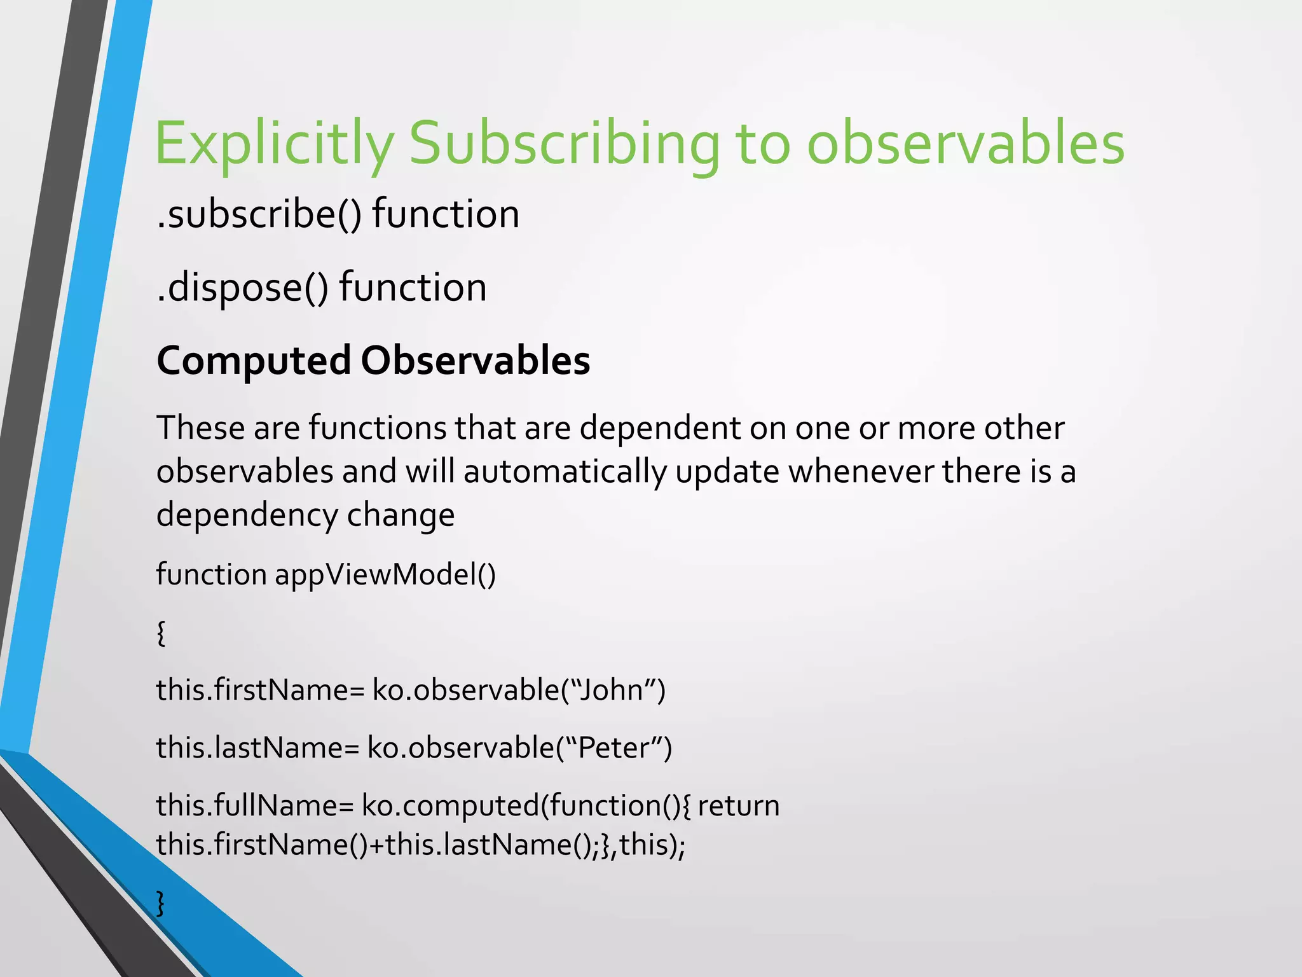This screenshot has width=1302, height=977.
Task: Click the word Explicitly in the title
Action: pos(274,144)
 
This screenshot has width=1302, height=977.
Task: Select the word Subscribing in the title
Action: pos(563,144)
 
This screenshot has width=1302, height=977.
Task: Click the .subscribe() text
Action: pos(259,214)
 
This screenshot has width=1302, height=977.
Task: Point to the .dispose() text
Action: pos(242,288)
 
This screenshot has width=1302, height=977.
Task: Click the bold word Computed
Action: pos(253,361)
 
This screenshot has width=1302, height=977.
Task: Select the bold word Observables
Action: pos(475,361)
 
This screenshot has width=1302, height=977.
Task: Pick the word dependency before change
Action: pos(246,515)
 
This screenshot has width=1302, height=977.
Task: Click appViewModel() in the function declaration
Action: pos(385,574)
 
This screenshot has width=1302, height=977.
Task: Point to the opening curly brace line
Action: pos(161,633)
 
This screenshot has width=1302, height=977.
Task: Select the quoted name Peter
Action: pos(613,748)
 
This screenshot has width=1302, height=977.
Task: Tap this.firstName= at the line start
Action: pos(261,690)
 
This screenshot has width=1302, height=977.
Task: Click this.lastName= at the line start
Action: pos(258,748)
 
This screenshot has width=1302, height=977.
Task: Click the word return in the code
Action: pos(738,806)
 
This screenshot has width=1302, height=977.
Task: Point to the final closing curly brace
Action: pos(161,903)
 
